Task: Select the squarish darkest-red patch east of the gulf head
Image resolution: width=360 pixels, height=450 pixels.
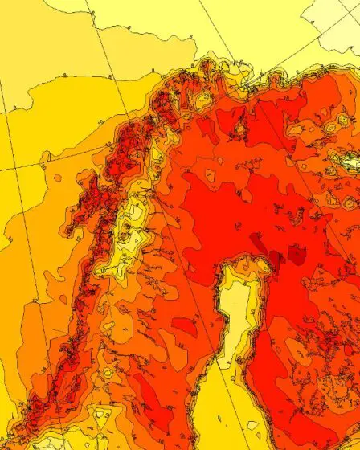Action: pyautogui.click(x=297, y=255)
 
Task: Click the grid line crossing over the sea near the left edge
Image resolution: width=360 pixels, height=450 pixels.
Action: pyautogui.click(x=24, y=169)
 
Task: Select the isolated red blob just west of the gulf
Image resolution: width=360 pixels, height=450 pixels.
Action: pyautogui.click(x=185, y=325)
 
